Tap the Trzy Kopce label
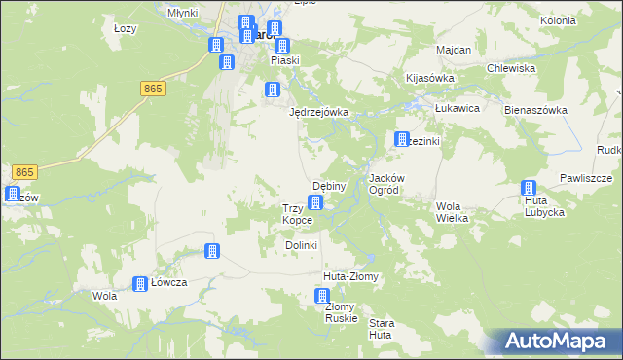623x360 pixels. click(x=297, y=214)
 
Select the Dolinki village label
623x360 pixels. click(x=302, y=245)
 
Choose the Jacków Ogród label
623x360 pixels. click(x=393, y=185)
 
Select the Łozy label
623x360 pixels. click(x=125, y=28)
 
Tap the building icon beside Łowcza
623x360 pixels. click(x=140, y=283)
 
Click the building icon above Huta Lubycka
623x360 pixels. click(x=529, y=189)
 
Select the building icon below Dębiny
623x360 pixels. click(x=315, y=202)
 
